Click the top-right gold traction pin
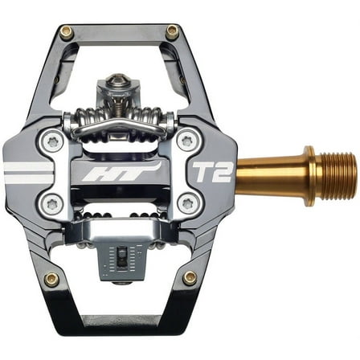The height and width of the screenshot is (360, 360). coord(171,31)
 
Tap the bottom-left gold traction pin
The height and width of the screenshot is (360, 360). coord(51,279)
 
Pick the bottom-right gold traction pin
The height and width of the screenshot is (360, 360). coord(190,277)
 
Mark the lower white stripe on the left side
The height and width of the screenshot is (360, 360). coord(27,178)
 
